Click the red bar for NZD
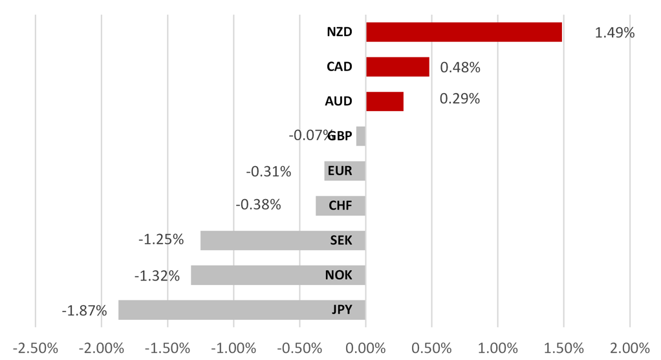point(464,32)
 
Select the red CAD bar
point(397,67)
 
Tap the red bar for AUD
point(385,101)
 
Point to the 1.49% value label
point(614,32)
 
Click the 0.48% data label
point(460,67)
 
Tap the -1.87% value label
point(84,311)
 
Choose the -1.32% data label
point(157,276)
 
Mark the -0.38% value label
point(258,205)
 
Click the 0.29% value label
point(460,99)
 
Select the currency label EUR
point(340,171)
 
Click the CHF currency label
point(340,206)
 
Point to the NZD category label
point(340,32)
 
